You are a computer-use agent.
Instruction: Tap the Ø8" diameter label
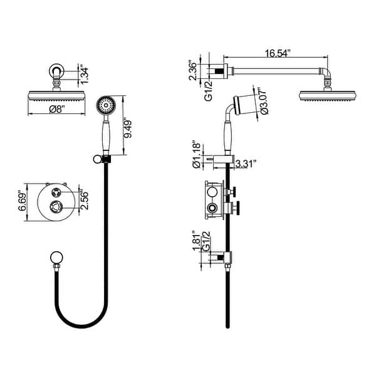coord(55,110)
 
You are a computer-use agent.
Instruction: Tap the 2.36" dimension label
coord(194,71)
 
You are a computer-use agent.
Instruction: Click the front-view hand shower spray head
coord(106,105)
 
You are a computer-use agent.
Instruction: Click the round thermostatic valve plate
coord(56,201)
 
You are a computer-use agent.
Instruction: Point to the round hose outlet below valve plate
coord(55,258)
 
